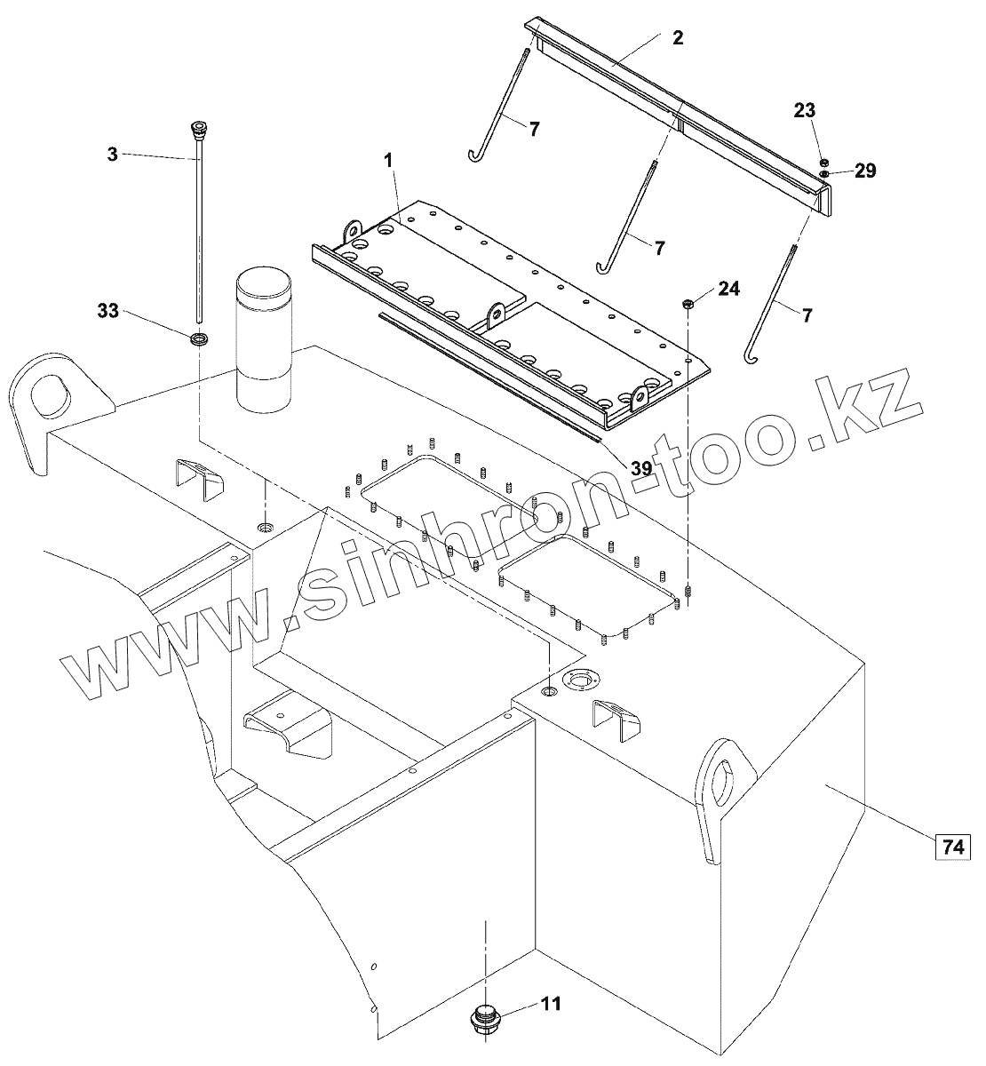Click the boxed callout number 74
[952, 848]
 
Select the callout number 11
[551, 1004]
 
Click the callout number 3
[112, 154]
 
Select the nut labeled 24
[689, 305]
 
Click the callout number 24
[728, 288]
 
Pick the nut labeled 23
[823, 162]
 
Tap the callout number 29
[865, 171]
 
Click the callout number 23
[805, 110]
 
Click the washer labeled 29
[825, 173]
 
